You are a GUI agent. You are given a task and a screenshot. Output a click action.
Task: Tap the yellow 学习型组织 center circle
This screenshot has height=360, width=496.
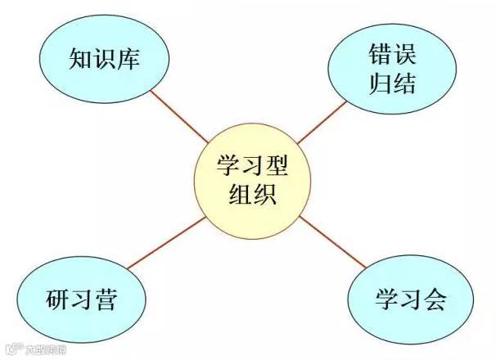point(248,181)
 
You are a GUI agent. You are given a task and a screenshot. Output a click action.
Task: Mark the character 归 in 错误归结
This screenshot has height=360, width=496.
point(372,83)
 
